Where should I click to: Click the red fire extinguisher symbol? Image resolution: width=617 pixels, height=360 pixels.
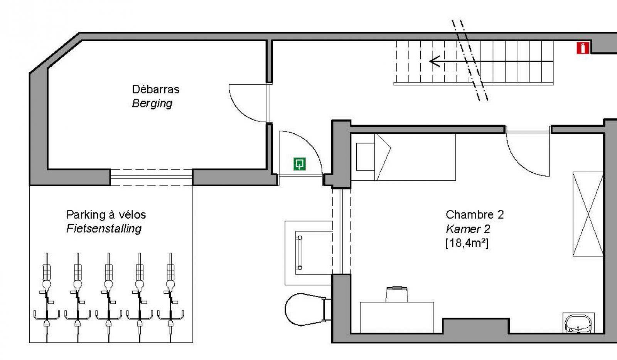click(x=583, y=48)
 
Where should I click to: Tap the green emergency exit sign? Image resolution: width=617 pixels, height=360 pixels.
click(x=299, y=164)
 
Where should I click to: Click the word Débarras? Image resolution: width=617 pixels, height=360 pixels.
click(x=156, y=89)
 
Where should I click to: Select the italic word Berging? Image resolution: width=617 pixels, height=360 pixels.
click(x=152, y=103)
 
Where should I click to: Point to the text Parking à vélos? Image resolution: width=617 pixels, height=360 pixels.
click(x=106, y=215)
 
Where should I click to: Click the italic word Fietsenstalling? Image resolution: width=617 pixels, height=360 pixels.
click(x=104, y=229)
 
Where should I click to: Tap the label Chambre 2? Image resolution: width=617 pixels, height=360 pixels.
click(x=475, y=215)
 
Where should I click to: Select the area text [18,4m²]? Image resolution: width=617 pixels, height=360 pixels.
click(x=467, y=243)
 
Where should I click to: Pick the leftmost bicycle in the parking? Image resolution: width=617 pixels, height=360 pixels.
click(x=47, y=297)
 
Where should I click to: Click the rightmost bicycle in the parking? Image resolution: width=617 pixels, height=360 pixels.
click(x=171, y=297)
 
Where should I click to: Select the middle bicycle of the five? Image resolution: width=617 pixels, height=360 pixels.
click(x=109, y=297)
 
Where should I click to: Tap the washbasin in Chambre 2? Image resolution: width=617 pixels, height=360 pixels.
click(x=578, y=323)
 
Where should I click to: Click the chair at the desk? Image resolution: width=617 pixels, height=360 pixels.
click(x=397, y=294)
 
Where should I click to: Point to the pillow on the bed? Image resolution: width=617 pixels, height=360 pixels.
click(x=365, y=157)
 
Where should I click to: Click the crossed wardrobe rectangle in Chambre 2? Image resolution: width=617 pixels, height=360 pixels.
click(x=588, y=214)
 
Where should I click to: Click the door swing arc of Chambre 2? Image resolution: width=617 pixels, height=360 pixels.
click(x=518, y=162)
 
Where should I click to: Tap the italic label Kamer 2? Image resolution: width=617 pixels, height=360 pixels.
click(x=468, y=229)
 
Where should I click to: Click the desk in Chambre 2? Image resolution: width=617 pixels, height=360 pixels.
click(x=397, y=318)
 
